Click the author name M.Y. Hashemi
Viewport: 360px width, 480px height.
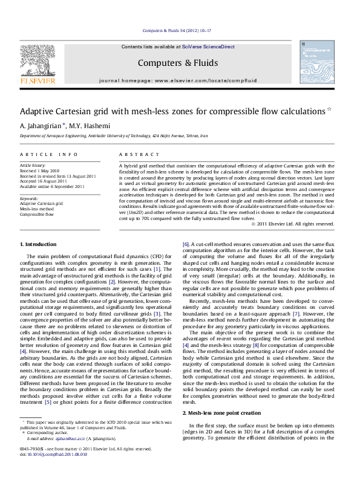tap(88, 126)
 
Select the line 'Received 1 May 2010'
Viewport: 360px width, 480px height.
tap(41, 170)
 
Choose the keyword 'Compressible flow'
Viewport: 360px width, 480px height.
tap(38, 214)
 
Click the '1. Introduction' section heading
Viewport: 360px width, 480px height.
tap(38, 244)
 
